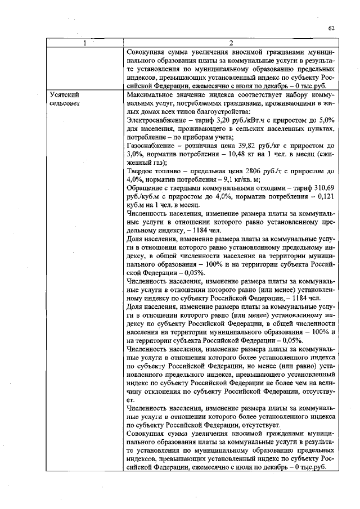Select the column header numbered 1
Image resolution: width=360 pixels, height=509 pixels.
tap(84, 43)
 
